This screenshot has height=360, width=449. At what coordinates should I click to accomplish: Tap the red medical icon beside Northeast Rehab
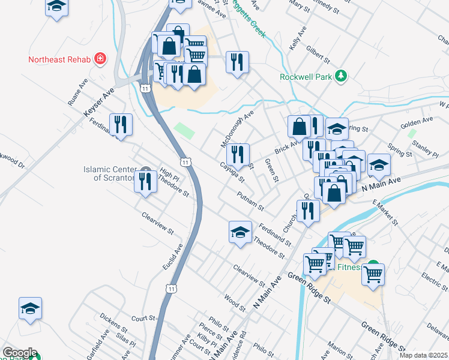pyautogui.click(x=100, y=59)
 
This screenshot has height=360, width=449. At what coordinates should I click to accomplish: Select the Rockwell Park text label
pyautogui.click(x=306, y=76)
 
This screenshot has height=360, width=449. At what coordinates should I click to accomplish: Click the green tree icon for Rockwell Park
pyautogui.click(x=341, y=76)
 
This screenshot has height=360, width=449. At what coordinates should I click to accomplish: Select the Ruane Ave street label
pyautogui.click(x=78, y=92)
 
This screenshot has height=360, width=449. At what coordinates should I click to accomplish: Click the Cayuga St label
pyautogui.click(x=232, y=173)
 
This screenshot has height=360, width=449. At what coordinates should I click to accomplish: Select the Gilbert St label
pyautogui.click(x=318, y=54)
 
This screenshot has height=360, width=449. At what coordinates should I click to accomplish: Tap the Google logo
pyautogui.click(x=19, y=352)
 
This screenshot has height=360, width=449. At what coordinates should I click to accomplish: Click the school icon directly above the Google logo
pyautogui.click(x=30, y=309)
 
